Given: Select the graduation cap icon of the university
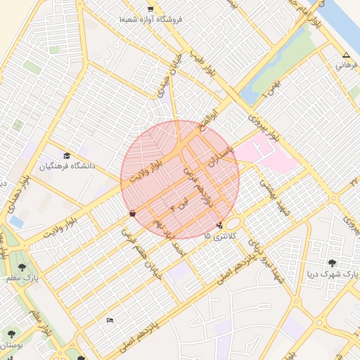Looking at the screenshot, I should [67, 156].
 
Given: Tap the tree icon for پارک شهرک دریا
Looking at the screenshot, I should [332, 263].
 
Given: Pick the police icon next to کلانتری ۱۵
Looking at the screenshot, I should [221, 226].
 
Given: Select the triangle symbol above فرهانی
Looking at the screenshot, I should [345, 56].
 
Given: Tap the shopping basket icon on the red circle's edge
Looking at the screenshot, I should [132, 213].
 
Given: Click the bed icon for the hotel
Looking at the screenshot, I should [109, 320].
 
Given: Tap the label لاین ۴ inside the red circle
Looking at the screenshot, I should [176, 205].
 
